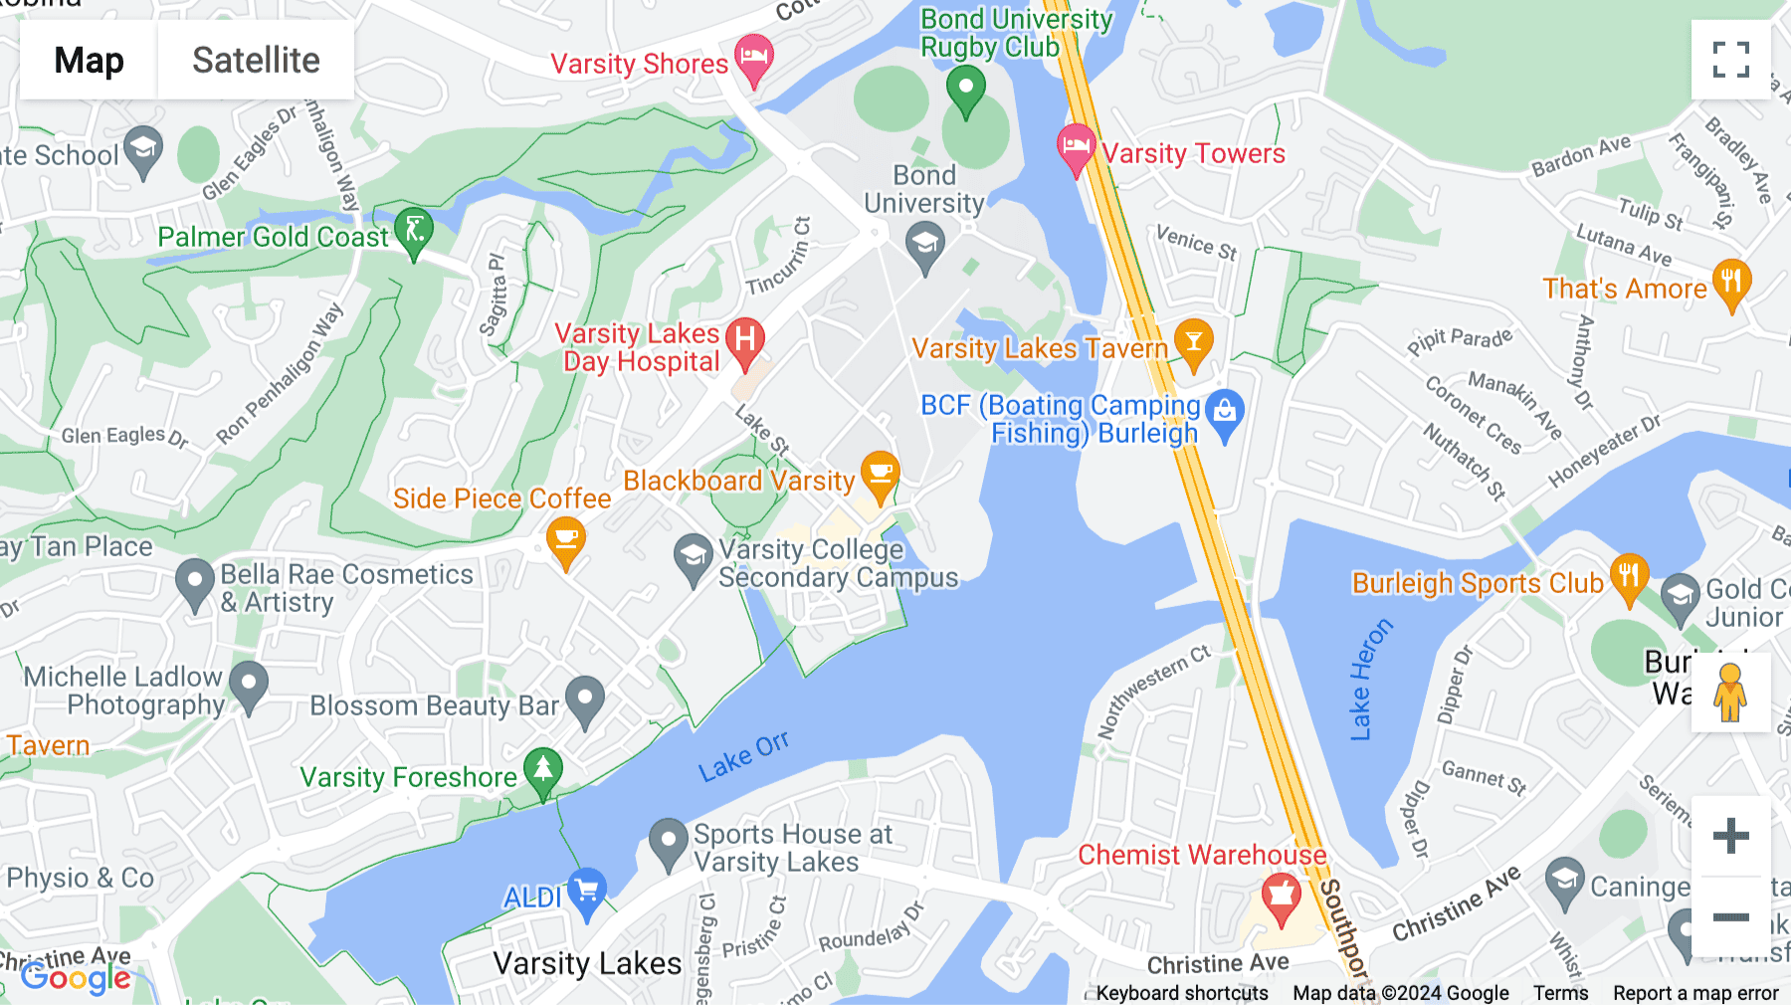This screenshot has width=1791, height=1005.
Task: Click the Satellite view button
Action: (x=256, y=60)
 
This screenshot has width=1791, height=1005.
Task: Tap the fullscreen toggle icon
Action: (x=1730, y=60)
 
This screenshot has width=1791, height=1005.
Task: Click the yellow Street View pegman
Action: (x=1730, y=692)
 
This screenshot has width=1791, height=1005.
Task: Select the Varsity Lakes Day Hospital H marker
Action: (x=745, y=341)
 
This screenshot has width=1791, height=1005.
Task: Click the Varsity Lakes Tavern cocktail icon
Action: (x=1193, y=342)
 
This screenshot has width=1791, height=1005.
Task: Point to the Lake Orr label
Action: (x=743, y=757)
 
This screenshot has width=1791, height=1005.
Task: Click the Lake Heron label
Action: (x=1370, y=680)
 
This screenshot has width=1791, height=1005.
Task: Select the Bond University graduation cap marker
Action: (x=925, y=245)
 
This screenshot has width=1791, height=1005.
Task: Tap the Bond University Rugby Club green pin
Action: (x=965, y=91)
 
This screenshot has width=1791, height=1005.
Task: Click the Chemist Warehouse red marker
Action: (x=1281, y=897)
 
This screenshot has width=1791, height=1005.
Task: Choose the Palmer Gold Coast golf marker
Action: (x=414, y=231)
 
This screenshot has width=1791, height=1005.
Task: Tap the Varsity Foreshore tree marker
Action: (x=542, y=771)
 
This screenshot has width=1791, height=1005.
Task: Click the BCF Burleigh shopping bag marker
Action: (x=1225, y=413)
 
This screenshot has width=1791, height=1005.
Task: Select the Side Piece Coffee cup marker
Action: (x=566, y=541)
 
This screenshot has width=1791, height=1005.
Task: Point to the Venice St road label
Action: (x=1196, y=242)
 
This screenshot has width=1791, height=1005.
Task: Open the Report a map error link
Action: (x=1695, y=993)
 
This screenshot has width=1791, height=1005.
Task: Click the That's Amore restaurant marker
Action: (x=1731, y=282)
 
